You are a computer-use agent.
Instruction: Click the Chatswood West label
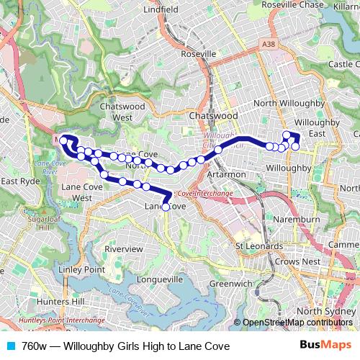click(132, 111)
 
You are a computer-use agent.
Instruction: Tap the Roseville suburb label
click(199, 54)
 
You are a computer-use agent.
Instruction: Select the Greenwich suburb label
click(230, 284)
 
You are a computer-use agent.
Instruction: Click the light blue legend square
click(10, 346)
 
